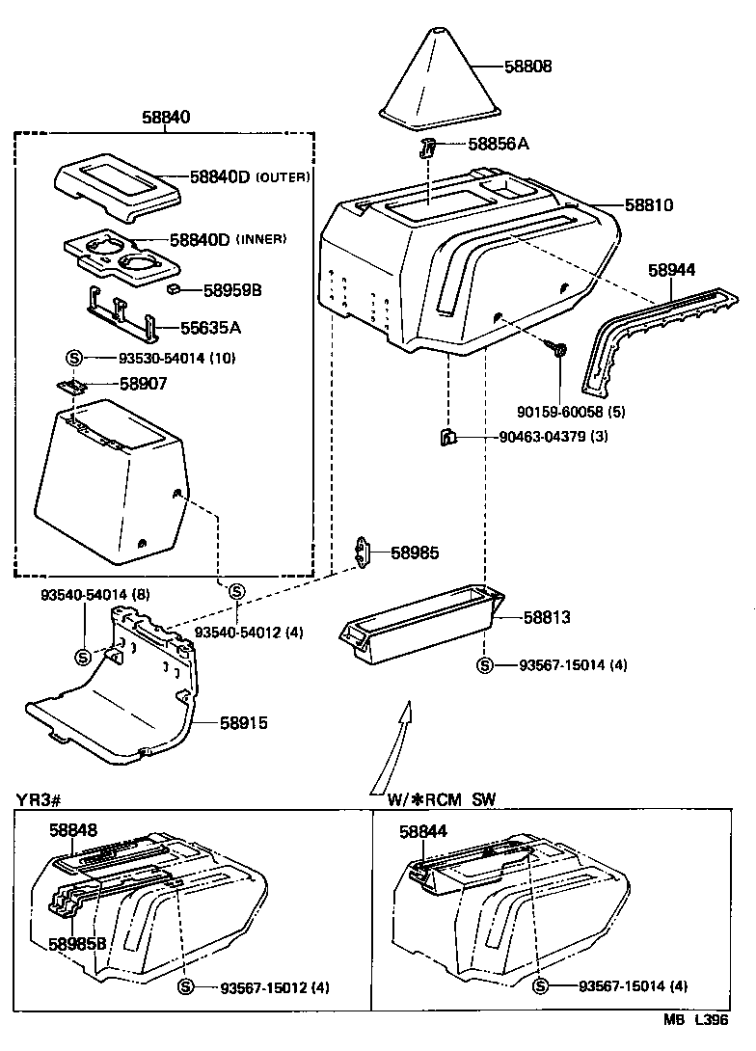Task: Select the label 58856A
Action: [x=499, y=144]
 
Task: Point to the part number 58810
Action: [x=648, y=205]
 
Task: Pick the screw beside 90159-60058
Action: [x=558, y=348]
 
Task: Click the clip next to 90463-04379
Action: [x=447, y=438]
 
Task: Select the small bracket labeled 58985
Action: [x=364, y=552]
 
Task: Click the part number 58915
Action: [x=244, y=722]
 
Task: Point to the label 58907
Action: [x=143, y=383]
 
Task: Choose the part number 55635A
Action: [x=210, y=328]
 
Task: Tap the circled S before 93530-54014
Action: [x=77, y=358]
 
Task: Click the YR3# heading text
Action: [x=40, y=799]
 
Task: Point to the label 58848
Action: [x=73, y=830]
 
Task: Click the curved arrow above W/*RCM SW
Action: [x=395, y=747]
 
